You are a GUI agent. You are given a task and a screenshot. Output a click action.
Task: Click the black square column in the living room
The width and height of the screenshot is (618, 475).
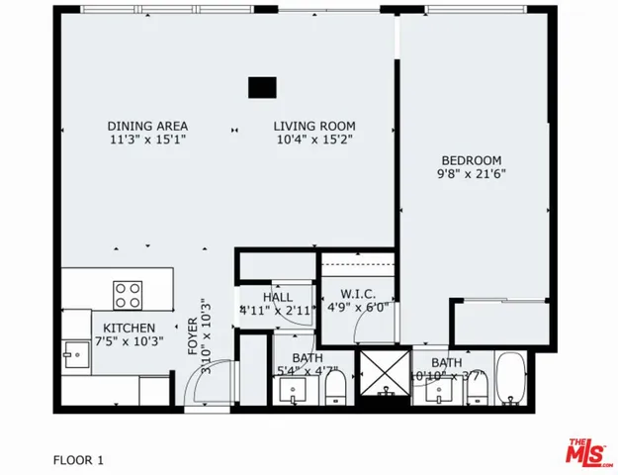(262, 88)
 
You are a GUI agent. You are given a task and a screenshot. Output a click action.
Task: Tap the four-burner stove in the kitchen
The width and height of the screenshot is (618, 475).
(128, 294)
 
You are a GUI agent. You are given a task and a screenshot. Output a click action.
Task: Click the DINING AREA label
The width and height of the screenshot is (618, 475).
(147, 126)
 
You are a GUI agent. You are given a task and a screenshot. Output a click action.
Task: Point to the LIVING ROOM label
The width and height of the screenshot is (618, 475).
(313, 126)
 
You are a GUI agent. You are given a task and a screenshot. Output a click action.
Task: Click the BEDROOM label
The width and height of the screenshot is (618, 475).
(472, 160)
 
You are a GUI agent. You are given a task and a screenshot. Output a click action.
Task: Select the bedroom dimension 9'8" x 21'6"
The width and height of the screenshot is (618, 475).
(472, 175)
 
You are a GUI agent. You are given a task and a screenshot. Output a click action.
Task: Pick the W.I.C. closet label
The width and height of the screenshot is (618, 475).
(356, 293)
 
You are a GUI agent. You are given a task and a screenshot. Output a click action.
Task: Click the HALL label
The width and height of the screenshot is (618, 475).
(277, 297)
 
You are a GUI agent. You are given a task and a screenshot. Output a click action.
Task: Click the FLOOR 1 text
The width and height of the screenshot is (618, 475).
(77, 460)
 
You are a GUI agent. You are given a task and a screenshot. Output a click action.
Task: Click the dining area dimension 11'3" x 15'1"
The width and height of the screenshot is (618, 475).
(147, 141)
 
